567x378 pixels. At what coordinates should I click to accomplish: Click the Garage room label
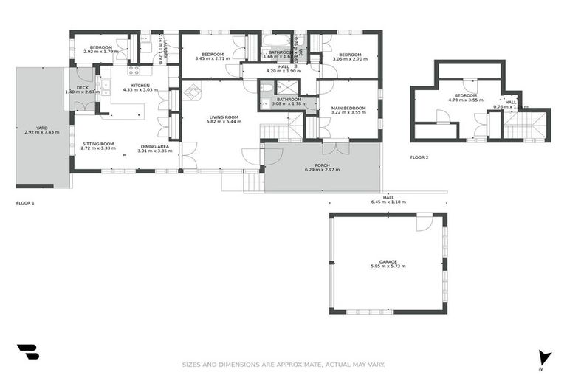[x=388, y=261]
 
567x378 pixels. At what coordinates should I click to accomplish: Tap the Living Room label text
[x=222, y=117]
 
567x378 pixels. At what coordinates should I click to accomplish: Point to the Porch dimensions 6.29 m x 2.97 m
[x=322, y=170]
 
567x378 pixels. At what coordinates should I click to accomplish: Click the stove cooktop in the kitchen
[x=134, y=71]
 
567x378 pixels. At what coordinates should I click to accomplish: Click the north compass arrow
[x=545, y=357]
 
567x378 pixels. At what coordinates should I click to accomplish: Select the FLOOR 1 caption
[x=26, y=202]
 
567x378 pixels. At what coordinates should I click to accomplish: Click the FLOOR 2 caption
[x=419, y=157]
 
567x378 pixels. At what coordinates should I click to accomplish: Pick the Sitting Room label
[x=97, y=144]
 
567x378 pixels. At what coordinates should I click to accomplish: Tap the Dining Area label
[x=155, y=146]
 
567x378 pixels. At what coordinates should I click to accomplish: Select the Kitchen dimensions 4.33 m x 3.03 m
[x=140, y=90]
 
